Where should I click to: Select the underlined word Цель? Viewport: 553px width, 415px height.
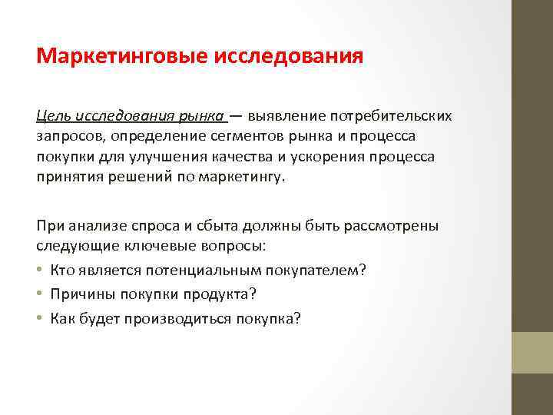pyautogui.click(x=53, y=116)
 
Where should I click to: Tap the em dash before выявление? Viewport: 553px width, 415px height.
pyautogui.click(x=235, y=116)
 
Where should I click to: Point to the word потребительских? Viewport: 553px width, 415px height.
pyautogui.click(x=391, y=116)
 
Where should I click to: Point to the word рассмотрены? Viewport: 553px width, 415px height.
pyautogui.click(x=392, y=227)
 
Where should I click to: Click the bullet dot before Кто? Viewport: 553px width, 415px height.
pyautogui.click(x=40, y=270)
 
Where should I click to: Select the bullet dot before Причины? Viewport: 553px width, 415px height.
pyautogui.click(x=40, y=294)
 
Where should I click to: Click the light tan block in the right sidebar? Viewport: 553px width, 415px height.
pyautogui.click(x=532, y=353)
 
